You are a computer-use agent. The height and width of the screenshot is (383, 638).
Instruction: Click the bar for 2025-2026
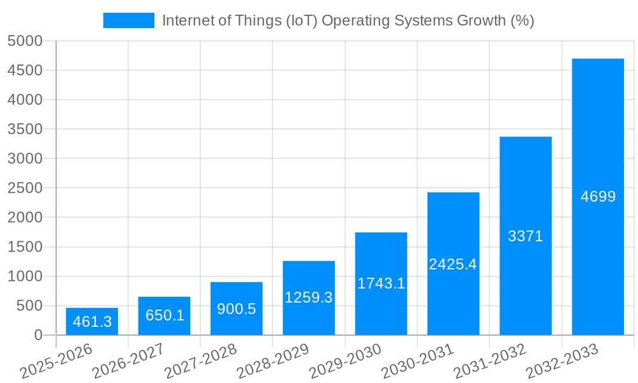click(92, 321)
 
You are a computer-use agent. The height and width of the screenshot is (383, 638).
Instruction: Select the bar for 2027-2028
click(237, 308)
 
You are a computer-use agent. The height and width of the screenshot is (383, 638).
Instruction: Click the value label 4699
click(598, 197)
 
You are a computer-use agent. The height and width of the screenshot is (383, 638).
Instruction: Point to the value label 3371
click(525, 236)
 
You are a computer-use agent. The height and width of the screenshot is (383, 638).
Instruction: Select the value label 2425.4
click(453, 264)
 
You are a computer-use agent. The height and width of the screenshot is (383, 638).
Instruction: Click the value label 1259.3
click(309, 297)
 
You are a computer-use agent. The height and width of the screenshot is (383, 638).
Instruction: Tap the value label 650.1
click(164, 315)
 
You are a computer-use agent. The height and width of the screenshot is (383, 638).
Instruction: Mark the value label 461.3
click(92, 322)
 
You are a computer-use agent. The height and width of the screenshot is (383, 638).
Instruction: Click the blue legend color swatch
click(129, 20)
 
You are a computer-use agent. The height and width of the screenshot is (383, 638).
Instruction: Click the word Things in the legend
click(251, 20)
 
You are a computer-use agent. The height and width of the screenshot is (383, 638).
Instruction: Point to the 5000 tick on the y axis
click(25, 41)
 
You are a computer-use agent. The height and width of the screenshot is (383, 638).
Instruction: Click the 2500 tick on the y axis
click(25, 188)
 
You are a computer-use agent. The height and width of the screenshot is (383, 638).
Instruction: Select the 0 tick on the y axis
click(38, 335)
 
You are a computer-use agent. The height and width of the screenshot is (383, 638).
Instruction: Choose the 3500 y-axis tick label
click(25, 129)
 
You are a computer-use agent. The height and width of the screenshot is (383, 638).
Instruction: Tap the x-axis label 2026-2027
click(128, 361)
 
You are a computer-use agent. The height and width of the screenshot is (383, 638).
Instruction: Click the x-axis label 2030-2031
click(417, 361)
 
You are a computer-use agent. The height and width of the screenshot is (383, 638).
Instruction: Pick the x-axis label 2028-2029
click(272, 361)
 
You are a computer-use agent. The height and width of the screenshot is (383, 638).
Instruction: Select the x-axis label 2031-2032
click(489, 361)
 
